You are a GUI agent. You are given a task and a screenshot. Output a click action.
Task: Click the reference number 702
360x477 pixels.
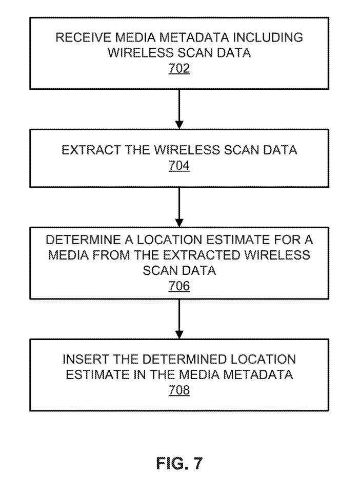179,68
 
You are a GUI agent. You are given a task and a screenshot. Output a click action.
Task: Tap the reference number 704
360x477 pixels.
179,166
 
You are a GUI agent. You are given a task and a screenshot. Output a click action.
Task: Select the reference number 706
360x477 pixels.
179,286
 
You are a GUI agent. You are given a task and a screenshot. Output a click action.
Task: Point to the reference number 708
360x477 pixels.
179,390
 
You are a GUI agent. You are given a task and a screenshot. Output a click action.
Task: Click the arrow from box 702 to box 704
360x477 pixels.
179,109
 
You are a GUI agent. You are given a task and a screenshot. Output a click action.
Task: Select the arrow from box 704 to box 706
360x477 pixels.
179,207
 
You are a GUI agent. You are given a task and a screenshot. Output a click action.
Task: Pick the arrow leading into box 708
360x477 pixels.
179,319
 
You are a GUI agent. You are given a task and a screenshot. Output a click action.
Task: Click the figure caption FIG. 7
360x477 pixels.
179,463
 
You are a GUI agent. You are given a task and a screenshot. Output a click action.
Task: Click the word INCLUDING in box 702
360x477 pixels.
268,37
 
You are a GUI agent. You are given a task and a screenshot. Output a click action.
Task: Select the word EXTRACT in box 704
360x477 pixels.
91,150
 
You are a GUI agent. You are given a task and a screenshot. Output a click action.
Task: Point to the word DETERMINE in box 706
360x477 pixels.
83,240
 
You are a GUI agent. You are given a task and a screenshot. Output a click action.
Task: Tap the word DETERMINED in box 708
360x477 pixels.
184,359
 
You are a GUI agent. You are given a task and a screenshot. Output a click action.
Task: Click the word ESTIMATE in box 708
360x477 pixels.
97,374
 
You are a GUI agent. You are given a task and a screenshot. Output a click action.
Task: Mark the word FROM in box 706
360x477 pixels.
111,255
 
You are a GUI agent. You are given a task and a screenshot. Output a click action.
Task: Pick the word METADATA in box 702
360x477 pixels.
194,37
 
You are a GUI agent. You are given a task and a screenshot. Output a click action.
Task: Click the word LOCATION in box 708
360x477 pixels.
263,359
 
